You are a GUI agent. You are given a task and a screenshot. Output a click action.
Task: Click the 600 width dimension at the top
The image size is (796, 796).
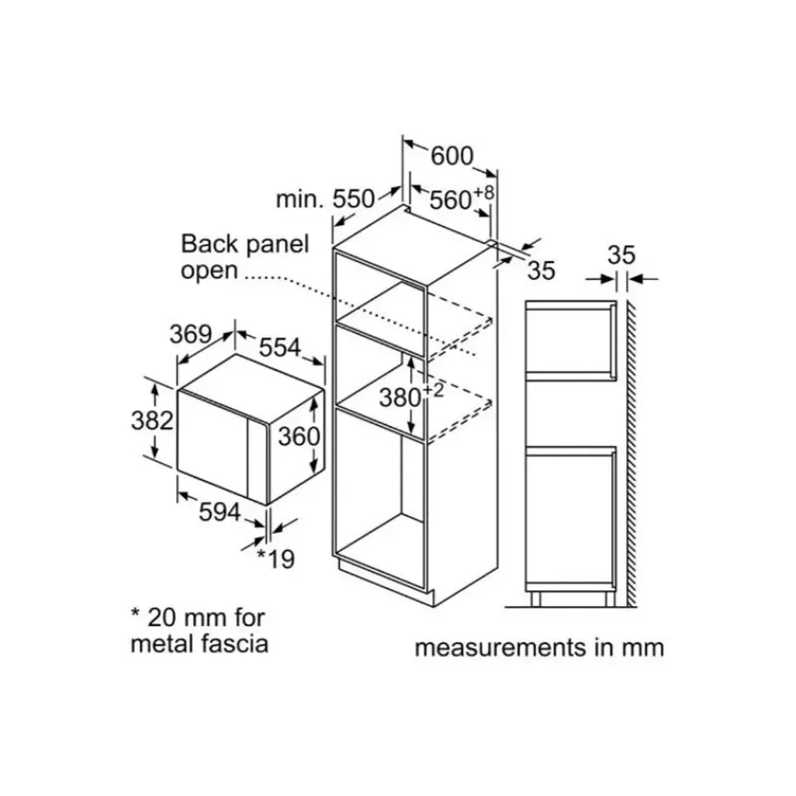(452, 156)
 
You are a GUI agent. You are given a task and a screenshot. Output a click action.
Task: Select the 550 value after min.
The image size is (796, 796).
(353, 199)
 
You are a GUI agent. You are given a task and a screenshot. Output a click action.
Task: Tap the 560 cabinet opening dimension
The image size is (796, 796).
(451, 200)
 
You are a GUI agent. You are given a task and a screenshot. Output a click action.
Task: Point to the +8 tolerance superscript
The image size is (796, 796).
(484, 193)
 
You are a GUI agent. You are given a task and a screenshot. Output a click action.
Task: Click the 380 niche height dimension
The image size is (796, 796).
(400, 398)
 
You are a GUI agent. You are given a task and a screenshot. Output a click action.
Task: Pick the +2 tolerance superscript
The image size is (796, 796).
(433, 390)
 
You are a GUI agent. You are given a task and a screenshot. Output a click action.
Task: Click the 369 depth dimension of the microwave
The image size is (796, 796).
(191, 334)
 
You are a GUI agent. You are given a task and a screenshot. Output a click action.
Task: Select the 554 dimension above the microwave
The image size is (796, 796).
(280, 348)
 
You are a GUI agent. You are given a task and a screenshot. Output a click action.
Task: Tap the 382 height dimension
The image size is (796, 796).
(152, 420)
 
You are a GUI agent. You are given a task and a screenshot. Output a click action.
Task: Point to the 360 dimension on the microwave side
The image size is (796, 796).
(299, 436)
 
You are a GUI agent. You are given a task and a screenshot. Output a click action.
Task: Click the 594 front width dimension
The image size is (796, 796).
(220, 512)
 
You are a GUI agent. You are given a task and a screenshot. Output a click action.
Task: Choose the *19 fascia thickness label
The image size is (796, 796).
(276, 559)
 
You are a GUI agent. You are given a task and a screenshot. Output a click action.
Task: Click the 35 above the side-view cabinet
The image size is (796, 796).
(621, 254)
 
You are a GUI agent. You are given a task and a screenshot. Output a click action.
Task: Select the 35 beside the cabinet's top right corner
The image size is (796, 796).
(542, 271)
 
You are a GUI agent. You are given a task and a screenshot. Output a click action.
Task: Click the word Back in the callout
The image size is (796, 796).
(209, 244)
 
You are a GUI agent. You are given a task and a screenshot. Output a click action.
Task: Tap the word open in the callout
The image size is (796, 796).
(209, 271)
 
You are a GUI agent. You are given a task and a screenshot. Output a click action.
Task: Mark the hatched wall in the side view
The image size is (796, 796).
(632, 454)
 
